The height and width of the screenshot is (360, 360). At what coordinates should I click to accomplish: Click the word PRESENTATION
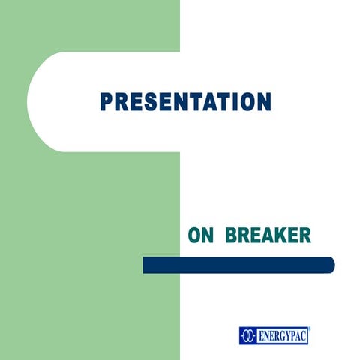point(186,101)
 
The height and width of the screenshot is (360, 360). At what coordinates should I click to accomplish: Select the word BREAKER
point(268,236)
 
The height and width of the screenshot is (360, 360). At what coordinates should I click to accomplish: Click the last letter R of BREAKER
point(304,236)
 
